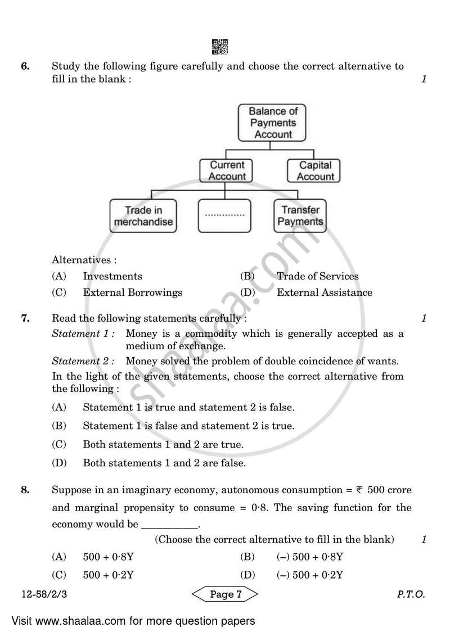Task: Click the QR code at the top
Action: click(220, 47)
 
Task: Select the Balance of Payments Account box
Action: click(273, 123)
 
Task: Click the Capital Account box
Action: click(315, 170)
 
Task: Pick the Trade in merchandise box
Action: click(143, 216)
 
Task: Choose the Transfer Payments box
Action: click(300, 216)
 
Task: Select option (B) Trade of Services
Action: click(317, 276)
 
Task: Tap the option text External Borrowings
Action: click(132, 292)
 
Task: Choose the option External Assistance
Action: click(324, 292)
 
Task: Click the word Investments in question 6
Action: click(112, 276)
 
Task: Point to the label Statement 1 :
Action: click(83, 333)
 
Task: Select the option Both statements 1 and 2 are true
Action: click(163, 444)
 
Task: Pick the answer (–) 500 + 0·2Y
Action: click(310, 575)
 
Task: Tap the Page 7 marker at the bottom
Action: click(225, 594)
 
